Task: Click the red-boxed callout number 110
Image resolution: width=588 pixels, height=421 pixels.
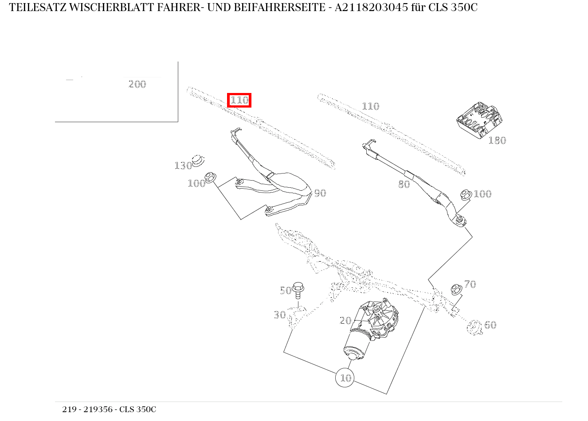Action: point(239,100)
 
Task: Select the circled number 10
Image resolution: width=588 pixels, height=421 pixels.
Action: point(345,378)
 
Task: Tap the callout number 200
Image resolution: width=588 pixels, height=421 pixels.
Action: point(137,84)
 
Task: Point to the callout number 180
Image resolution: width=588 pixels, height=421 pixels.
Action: point(497,140)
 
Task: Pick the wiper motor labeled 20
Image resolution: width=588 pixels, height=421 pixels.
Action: point(371,329)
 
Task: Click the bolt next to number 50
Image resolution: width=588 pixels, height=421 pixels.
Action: point(298,290)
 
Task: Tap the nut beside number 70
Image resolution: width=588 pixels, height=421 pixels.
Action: point(456,289)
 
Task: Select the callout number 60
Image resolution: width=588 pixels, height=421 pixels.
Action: point(490,325)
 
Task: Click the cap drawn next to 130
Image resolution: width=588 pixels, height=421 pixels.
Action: point(198,161)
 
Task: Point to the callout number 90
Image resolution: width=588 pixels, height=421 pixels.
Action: point(320,193)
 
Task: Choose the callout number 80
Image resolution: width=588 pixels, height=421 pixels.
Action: point(404,185)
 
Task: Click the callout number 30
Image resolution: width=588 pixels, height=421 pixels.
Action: point(279,315)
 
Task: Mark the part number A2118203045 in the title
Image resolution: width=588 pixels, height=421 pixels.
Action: point(371,8)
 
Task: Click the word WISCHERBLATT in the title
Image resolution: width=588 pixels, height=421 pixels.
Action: point(112,8)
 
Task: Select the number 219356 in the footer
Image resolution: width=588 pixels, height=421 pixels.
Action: point(98,409)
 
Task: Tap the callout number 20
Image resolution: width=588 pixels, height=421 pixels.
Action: point(345,321)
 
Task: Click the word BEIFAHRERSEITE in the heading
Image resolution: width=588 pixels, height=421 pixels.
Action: point(279,8)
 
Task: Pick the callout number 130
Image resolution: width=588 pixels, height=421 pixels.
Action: point(183,166)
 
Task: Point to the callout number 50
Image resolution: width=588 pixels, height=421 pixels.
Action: point(286,290)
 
